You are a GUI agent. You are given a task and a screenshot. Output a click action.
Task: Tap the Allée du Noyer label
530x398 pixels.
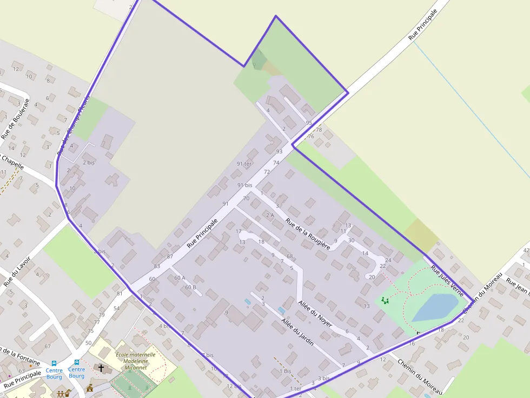tap(315, 313)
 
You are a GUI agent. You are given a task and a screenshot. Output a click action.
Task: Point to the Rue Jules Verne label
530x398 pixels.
tap(447, 280)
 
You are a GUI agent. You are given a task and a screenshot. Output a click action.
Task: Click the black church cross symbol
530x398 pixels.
tap(101, 368)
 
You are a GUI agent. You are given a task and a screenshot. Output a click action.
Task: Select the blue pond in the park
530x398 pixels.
tap(435, 307)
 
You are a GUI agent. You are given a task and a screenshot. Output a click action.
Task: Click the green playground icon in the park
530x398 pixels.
tap(385, 300)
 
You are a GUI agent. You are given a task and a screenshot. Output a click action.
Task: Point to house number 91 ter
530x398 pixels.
tap(244, 164)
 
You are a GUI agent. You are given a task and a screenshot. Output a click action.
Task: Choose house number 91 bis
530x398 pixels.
tap(244, 185)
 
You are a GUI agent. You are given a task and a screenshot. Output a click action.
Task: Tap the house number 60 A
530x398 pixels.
tap(180, 278)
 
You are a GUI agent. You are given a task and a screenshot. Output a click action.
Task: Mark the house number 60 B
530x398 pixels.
tap(190, 287)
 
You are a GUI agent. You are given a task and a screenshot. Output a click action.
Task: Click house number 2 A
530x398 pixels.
tap(270, 215)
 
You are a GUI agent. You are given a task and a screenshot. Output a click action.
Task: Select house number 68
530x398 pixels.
tap(290, 256)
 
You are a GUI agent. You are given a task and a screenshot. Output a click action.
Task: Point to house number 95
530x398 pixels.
tap(309, 123)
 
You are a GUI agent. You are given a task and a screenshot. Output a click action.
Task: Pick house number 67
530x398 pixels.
tap(48, 346)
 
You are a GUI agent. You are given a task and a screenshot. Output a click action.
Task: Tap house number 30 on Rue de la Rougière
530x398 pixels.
tap(351, 240)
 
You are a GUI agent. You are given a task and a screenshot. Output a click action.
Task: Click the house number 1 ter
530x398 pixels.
tap(295, 388)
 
